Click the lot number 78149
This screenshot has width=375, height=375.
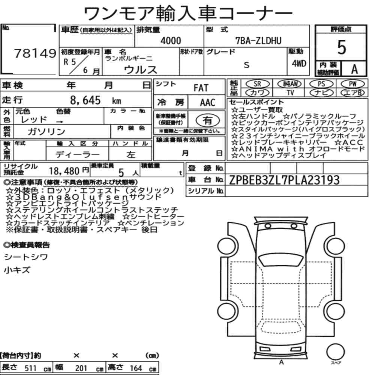click(x=35, y=53)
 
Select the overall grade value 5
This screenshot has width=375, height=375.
click(x=342, y=47)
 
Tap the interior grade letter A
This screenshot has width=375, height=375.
click(x=354, y=69)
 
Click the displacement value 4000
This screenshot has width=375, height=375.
click(x=171, y=40)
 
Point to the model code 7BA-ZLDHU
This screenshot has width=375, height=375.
click(x=258, y=40)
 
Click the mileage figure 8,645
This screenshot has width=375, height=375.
click(x=85, y=100)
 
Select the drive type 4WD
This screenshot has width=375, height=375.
click(x=299, y=63)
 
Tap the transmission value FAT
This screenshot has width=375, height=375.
click(x=201, y=88)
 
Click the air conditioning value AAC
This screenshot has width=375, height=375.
click(x=207, y=103)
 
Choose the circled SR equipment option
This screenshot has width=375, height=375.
click(x=257, y=84)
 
